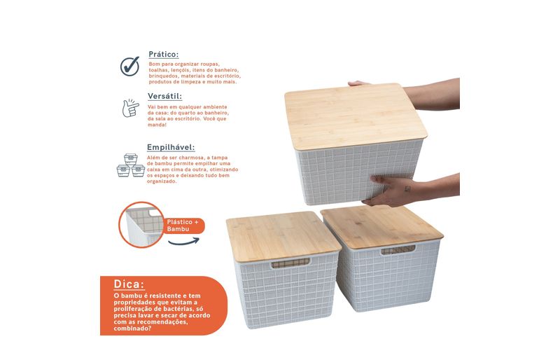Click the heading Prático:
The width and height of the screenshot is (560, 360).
tap(164, 55)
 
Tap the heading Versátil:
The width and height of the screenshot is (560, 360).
tap(165, 96)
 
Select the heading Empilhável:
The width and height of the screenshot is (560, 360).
tap(171, 147)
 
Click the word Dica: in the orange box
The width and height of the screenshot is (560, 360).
tap(129, 284)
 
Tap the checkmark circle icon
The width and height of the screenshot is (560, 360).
tap(129, 66)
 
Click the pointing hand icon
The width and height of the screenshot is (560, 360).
tap(130, 108)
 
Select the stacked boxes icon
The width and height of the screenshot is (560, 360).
tap(131, 165)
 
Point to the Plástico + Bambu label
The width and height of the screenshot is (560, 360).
tap(183, 226)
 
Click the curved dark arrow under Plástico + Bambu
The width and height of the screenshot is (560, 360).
tap(183, 242)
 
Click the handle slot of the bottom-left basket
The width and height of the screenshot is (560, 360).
tap(290, 263)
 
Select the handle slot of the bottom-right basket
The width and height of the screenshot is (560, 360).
tap(398, 249)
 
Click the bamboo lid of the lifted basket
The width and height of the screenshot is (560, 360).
tap(356, 115)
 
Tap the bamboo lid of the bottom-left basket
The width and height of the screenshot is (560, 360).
tap(283, 236)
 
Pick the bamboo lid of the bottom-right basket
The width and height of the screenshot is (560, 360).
tap(381, 226)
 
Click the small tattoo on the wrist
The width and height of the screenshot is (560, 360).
tap(407, 189)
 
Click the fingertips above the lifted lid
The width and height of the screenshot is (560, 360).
tap(358, 83)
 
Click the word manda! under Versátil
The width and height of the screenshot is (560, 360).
tap(157, 125)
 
